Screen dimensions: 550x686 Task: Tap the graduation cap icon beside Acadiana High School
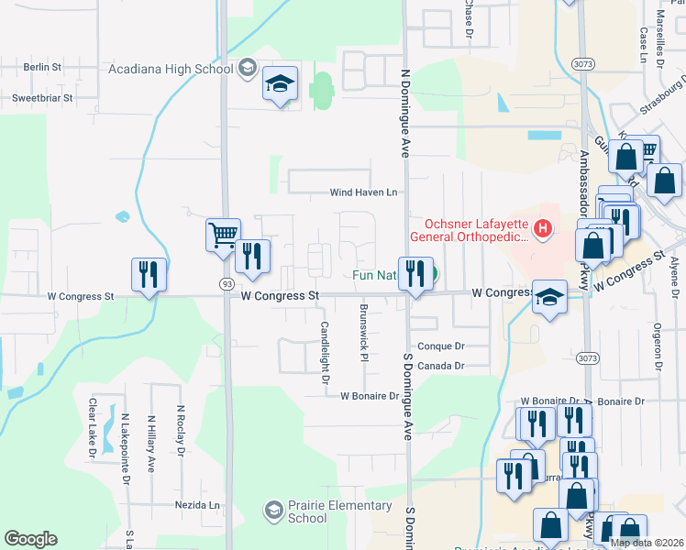(x=279, y=85)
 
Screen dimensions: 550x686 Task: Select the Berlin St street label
(x=42, y=68)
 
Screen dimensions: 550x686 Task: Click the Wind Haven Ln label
(x=364, y=192)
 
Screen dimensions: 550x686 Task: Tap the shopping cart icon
(x=223, y=235)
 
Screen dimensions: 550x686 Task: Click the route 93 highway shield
(x=226, y=285)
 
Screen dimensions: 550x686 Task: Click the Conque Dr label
(x=441, y=346)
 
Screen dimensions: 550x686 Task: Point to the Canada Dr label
(x=441, y=366)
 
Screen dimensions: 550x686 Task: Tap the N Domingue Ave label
(x=404, y=111)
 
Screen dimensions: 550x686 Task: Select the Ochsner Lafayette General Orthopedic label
(x=476, y=231)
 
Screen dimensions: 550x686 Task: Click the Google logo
(x=31, y=539)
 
